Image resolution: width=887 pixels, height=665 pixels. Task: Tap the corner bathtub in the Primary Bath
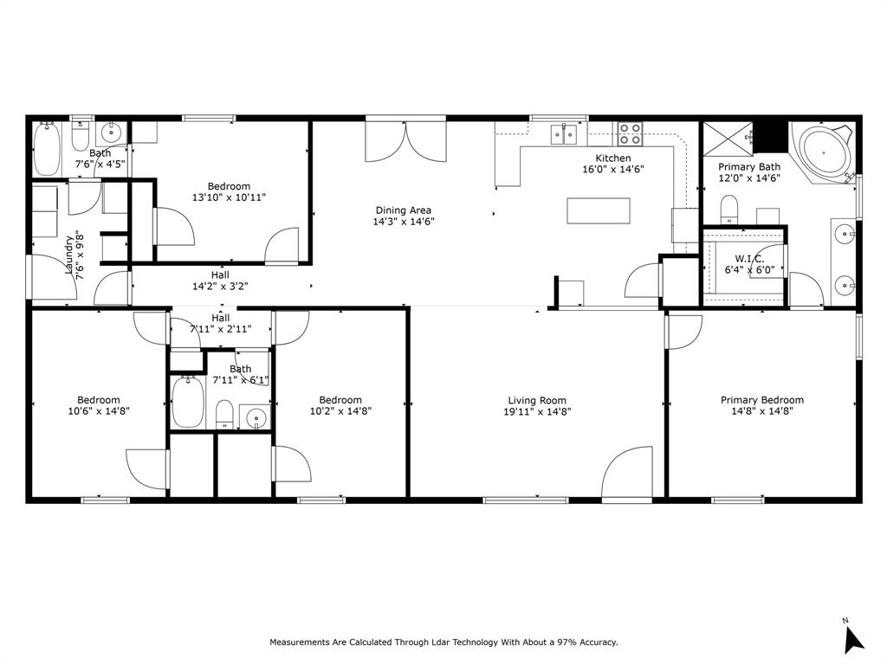[x=825, y=153]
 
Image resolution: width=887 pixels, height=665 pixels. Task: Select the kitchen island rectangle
[x=598, y=210]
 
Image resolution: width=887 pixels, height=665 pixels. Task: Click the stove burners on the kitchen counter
[x=631, y=134]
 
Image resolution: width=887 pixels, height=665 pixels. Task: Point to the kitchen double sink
[x=565, y=135]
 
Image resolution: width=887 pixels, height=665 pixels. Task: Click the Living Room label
[x=537, y=400]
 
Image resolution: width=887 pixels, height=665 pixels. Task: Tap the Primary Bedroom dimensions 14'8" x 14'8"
[x=762, y=412]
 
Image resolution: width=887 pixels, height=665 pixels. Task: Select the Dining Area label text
[x=403, y=210]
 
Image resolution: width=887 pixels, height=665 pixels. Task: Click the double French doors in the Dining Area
[x=404, y=141]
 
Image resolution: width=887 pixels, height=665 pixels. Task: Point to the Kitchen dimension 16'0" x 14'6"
[x=612, y=170]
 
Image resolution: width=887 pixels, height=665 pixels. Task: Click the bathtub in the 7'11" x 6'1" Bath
[x=187, y=403]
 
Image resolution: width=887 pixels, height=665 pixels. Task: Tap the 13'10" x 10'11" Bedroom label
[x=229, y=186]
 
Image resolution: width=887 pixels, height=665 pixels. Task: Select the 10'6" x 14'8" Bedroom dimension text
[x=98, y=412]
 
